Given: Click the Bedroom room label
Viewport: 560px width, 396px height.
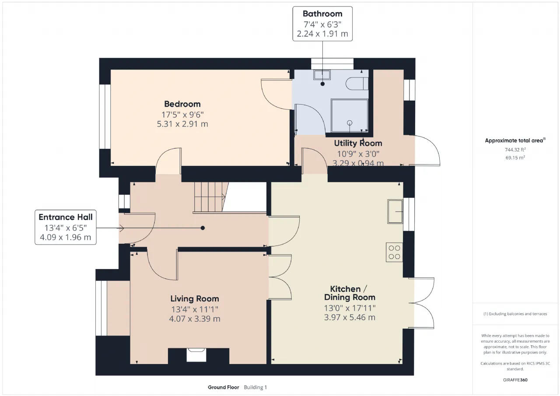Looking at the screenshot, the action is pyautogui.click(x=182, y=104).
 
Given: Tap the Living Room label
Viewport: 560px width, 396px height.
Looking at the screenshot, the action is pyautogui.click(x=195, y=298).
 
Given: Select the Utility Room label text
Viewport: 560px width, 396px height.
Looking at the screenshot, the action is pyautogui.click(x=358, y=143).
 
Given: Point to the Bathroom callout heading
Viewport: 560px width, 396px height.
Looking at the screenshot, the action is pyautogui.click(x=322, y=14).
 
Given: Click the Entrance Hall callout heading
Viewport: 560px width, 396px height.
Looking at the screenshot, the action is pyautogui.click(x=66, y=217).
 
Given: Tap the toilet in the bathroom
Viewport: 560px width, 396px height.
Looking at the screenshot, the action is pyautogui.click(x=357, y=84).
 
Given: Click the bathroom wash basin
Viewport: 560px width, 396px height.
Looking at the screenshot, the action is pyautogui.click(x=322, y=75).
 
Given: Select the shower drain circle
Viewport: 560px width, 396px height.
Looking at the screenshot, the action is pyautogui.click(x=350, y=123).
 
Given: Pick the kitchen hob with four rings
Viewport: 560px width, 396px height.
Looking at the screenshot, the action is pyautogui.click(x=394, y=252).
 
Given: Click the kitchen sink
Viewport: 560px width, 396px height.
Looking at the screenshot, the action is pyautogui.click(x=395, y=211).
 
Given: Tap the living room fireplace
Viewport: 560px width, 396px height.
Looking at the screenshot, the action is pyautogui.click(x=196, y=355).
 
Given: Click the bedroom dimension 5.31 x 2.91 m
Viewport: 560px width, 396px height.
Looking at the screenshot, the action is pyautogui.click(x=182, y=124).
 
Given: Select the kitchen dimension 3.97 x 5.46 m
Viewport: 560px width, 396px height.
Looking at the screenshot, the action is pyautogui.click(x=350, y=318).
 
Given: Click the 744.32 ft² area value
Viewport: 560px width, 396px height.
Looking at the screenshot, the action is pyautogui.click(x=515, y=150).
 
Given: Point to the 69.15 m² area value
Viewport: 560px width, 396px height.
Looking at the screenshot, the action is pyautogui.click(x=515, y=158).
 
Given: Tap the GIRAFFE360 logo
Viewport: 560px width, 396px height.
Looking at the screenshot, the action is pyautogui.click(x=515, y=380).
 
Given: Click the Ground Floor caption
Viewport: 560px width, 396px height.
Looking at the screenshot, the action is pyautogui.click(x=224, y=387).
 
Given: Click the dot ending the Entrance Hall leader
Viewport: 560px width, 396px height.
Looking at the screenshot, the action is pyautogui.click(x=203, y=228).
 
